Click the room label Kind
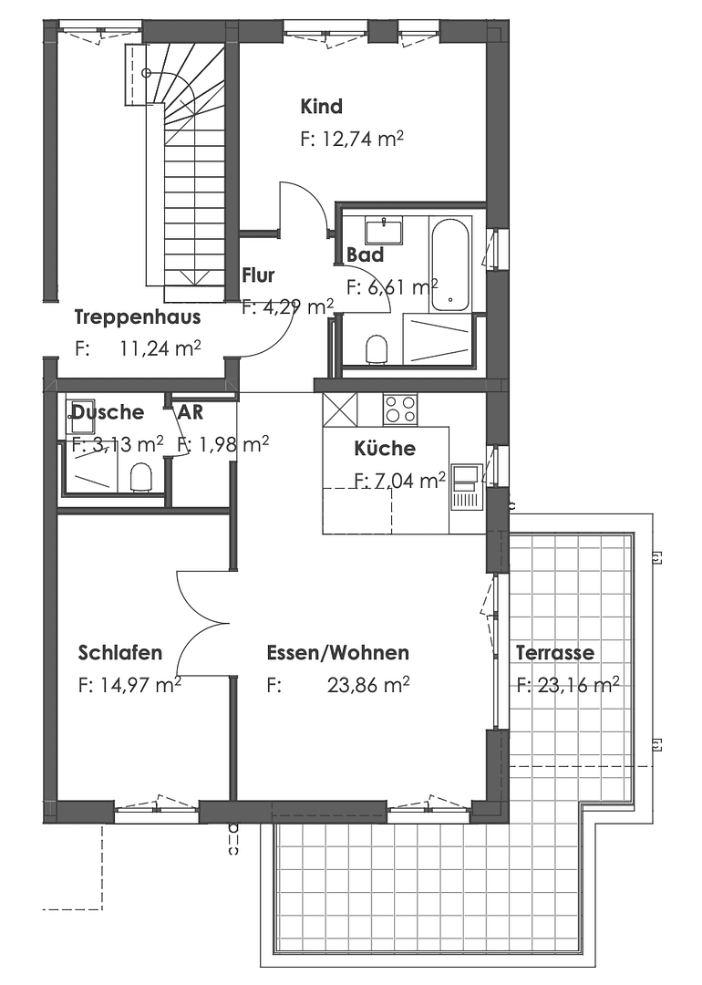[321, 107]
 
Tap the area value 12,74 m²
[352, 140]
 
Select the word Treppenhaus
[137, 317]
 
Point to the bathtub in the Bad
[449, 264]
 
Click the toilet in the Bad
[377, 348]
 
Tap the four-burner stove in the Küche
[399, 409]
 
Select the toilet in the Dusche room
[140, 477]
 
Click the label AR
[190, 411]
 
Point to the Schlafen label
[120, 653]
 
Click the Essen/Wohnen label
[337, 653]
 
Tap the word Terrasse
[554, 653]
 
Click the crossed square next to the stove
[339, 409]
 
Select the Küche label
[384, 449]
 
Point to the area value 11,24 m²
[160, 347]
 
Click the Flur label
[258, 275]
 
